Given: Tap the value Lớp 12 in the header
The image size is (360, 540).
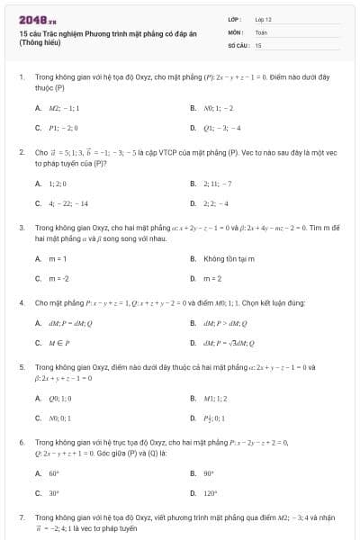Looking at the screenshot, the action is [x=263, y=18].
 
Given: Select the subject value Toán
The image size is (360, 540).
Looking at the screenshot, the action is [x=261, y=31].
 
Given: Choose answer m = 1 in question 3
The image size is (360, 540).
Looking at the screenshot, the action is [x=58, y=258].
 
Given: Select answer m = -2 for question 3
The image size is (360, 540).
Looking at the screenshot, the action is [x=58, y=278].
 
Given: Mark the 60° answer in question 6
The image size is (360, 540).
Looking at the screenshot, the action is [x=54, y=472].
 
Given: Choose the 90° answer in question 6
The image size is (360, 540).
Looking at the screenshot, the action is [x=209, y=472].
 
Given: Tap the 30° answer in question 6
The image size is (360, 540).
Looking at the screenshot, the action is [x=54, y=492].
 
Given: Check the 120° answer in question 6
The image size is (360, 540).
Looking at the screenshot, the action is [x=210, y=492].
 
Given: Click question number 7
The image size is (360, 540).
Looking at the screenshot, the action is [x=21, y=518].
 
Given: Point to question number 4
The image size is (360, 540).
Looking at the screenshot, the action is [x=21, y=303].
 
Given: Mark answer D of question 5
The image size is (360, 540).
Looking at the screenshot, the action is [x=215, y=418].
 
